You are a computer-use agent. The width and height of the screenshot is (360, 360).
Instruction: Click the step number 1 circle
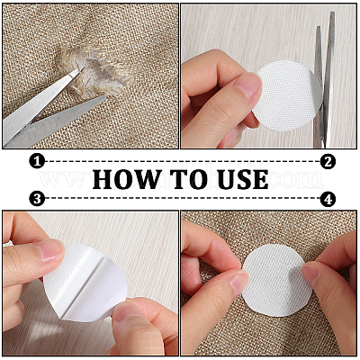click(x=37, y=162)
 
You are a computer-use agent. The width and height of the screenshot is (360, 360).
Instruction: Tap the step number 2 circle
click(x=328, y=162)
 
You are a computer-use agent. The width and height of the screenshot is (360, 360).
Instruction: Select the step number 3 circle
click(x=37, y=199)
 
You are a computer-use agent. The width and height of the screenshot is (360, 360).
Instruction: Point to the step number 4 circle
click(x=328, y=199)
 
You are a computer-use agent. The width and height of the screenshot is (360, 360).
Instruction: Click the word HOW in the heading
click(x=126, y=179)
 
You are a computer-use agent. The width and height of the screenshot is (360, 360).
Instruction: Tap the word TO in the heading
click(x=189, y=179)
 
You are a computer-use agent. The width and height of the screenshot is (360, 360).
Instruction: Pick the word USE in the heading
click(x=243, y=179)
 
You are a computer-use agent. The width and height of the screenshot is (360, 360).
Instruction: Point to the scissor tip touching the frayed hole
click(x=82, y=68)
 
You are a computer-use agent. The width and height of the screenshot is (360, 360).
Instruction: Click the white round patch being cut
click(x=287, y=95)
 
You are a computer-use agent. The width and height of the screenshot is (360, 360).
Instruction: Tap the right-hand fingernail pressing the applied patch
click(x=310, y=273)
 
